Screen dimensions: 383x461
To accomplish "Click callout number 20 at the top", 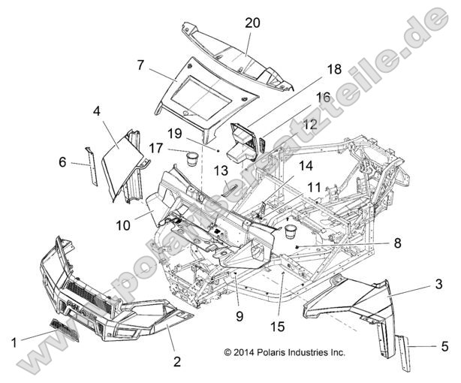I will coord(252,23).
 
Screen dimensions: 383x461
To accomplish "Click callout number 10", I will coord(122,224).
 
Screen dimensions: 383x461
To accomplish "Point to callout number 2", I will coord(176,361).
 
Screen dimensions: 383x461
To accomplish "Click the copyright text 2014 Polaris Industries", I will coord(284,351).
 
